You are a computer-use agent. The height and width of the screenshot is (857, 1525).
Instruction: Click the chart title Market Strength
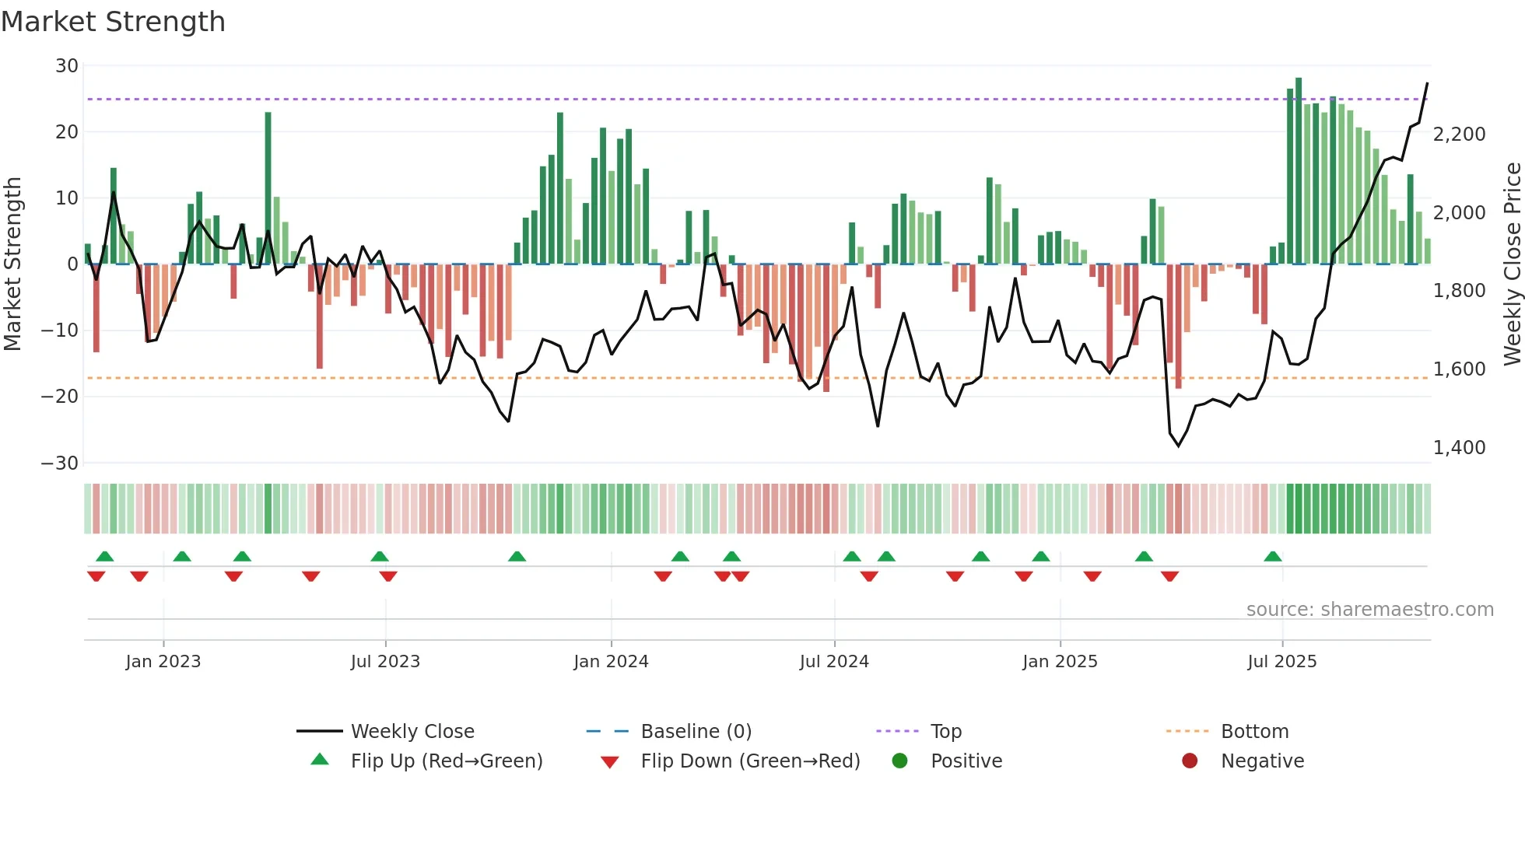click(x=113, y=22)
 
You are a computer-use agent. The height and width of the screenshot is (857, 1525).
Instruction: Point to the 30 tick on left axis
click(x=67, y=66)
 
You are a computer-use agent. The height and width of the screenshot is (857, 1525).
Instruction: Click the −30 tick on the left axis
click(x=60, y=463)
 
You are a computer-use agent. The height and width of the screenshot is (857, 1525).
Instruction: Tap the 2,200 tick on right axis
click(x=1459, y=135)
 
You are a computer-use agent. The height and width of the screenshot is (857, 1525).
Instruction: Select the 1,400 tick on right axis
click(x=1459, y=448)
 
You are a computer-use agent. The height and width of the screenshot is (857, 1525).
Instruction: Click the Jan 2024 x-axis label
click(x=611, y=662)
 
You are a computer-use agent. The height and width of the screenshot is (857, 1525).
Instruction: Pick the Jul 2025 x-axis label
click(x=1281, y=662)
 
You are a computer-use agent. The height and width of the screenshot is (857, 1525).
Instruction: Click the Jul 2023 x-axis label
click(x=385, y=662)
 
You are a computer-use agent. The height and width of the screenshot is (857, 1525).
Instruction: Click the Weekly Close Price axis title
click(x=1512, y=264)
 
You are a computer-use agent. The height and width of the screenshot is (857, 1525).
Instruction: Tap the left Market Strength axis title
click(x=13, y=264)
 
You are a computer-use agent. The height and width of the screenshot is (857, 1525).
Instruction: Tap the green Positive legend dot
click(x=899, y=761)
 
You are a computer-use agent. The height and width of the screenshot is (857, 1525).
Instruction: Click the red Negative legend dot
click(x=1190, y=761)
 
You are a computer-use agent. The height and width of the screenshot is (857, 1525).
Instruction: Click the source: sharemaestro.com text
click(x=1369, y=610)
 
